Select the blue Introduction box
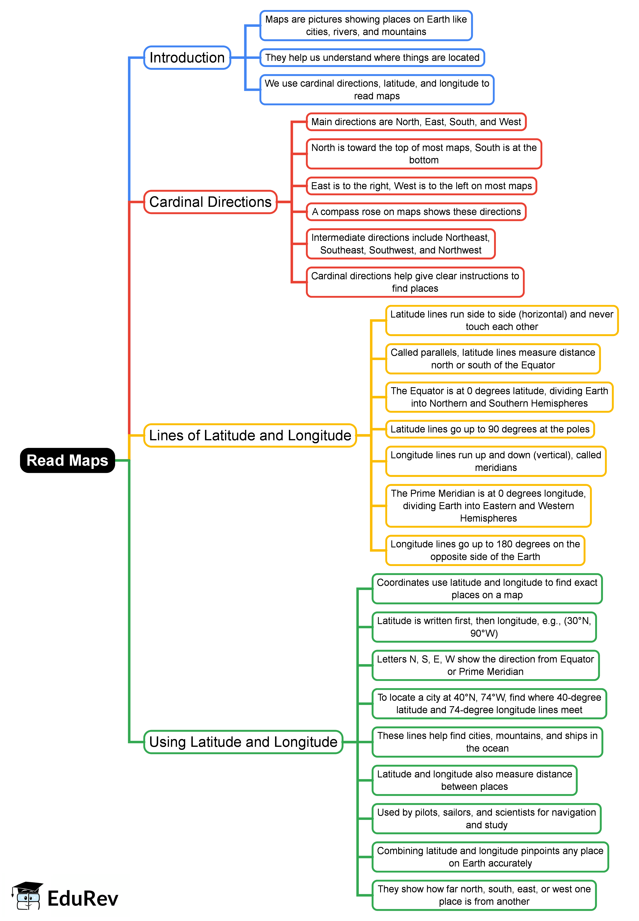click(x=187, y=58)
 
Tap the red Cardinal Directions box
click(x=210, y=202)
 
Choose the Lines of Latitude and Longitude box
click(x=250, y=435)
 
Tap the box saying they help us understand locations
click(x=372, y=58)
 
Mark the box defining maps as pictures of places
click(x=366, y=26)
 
